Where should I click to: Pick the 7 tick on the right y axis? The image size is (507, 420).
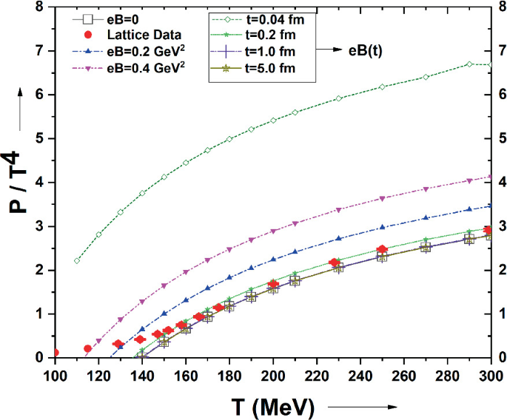tap(501, 51)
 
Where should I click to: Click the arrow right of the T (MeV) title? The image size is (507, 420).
tap(363, 407)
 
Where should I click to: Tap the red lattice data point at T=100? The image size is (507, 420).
tap(55, 353)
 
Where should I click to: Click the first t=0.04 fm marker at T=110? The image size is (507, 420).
tap(77, 261)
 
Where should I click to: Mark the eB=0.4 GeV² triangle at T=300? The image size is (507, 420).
tap(491, 177)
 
